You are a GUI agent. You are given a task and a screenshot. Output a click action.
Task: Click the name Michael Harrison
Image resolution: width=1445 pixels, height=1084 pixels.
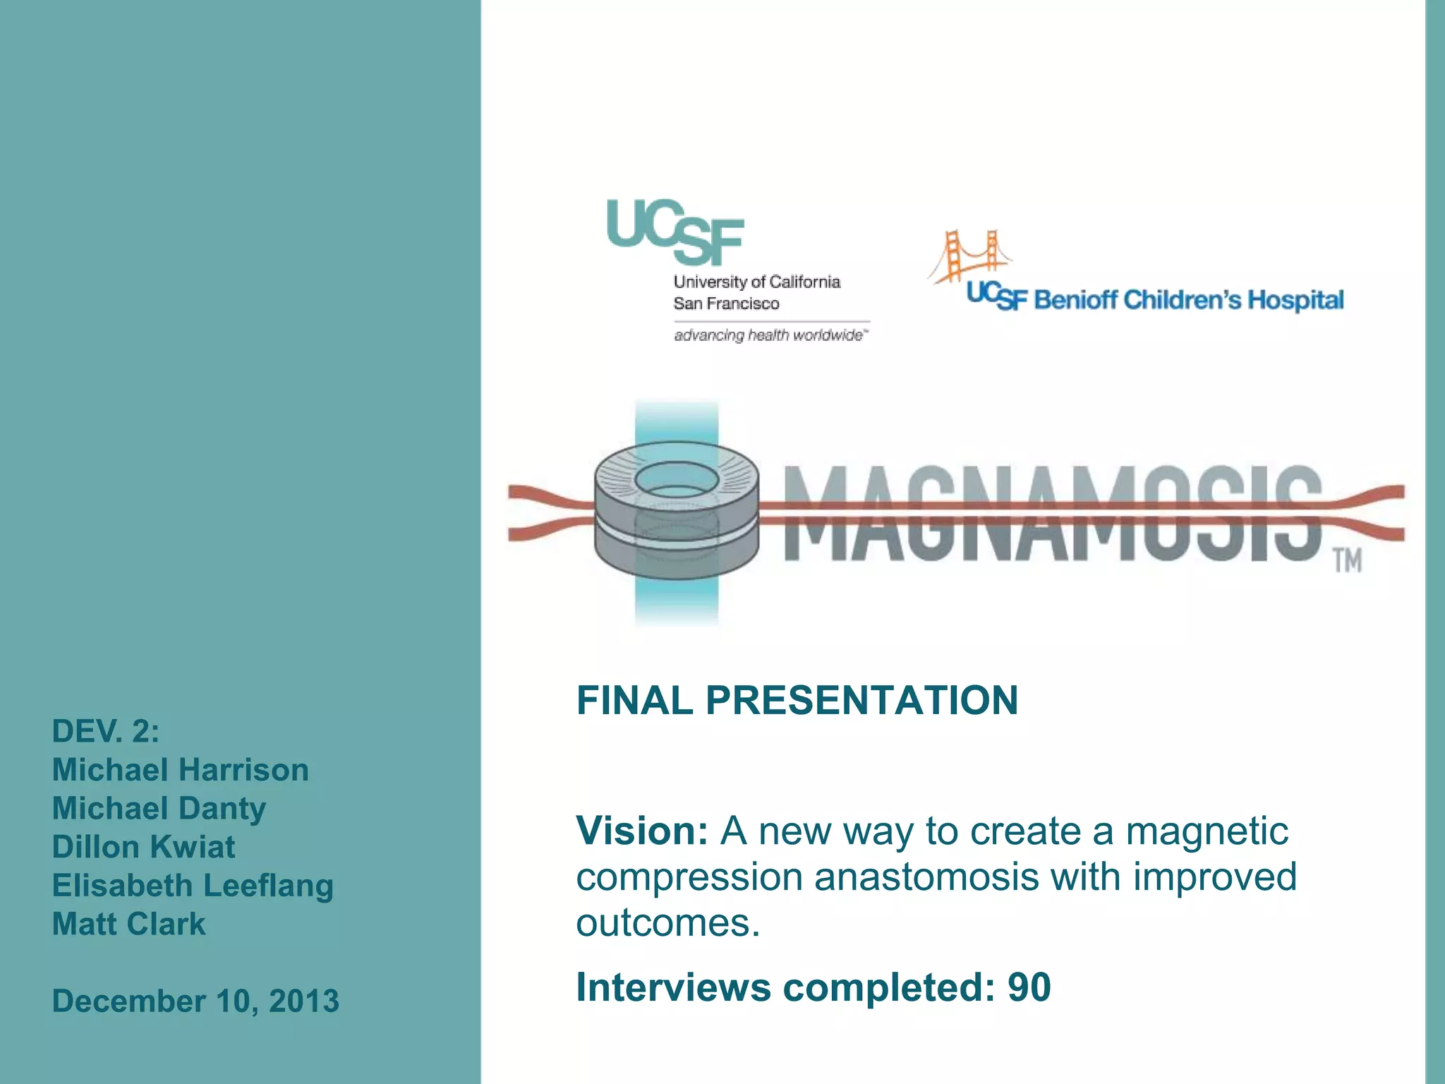180,770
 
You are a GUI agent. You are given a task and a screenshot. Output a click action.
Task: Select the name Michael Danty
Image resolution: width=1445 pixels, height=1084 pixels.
159,809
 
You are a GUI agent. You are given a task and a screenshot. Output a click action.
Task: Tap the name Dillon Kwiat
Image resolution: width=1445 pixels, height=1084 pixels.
143,847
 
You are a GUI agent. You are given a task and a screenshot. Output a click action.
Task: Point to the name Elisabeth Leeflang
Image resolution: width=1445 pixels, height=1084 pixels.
193,886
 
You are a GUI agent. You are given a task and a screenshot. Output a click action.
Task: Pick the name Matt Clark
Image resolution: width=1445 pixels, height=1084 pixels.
128,924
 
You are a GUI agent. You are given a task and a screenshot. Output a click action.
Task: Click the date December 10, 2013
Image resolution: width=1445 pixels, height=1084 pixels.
195,1001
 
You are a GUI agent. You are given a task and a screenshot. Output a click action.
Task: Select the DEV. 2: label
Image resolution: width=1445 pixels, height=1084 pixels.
106,731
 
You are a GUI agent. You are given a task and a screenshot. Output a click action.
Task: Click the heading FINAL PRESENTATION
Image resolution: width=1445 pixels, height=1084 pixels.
797,700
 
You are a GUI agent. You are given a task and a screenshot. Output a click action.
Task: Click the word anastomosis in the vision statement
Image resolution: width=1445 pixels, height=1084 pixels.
926,877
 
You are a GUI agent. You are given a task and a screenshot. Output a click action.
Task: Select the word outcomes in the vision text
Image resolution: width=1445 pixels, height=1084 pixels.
667,923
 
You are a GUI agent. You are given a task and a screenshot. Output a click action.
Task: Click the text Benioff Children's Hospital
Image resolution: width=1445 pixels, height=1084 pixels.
1189,301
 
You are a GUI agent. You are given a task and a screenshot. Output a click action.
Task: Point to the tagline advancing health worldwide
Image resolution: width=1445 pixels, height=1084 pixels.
769,335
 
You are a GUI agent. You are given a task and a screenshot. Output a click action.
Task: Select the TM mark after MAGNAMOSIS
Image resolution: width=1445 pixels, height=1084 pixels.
1347,561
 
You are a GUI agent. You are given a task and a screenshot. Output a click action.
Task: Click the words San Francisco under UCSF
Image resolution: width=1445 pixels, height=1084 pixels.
726,303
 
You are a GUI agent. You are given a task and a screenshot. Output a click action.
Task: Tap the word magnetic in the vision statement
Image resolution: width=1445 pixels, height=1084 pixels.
1207,831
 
